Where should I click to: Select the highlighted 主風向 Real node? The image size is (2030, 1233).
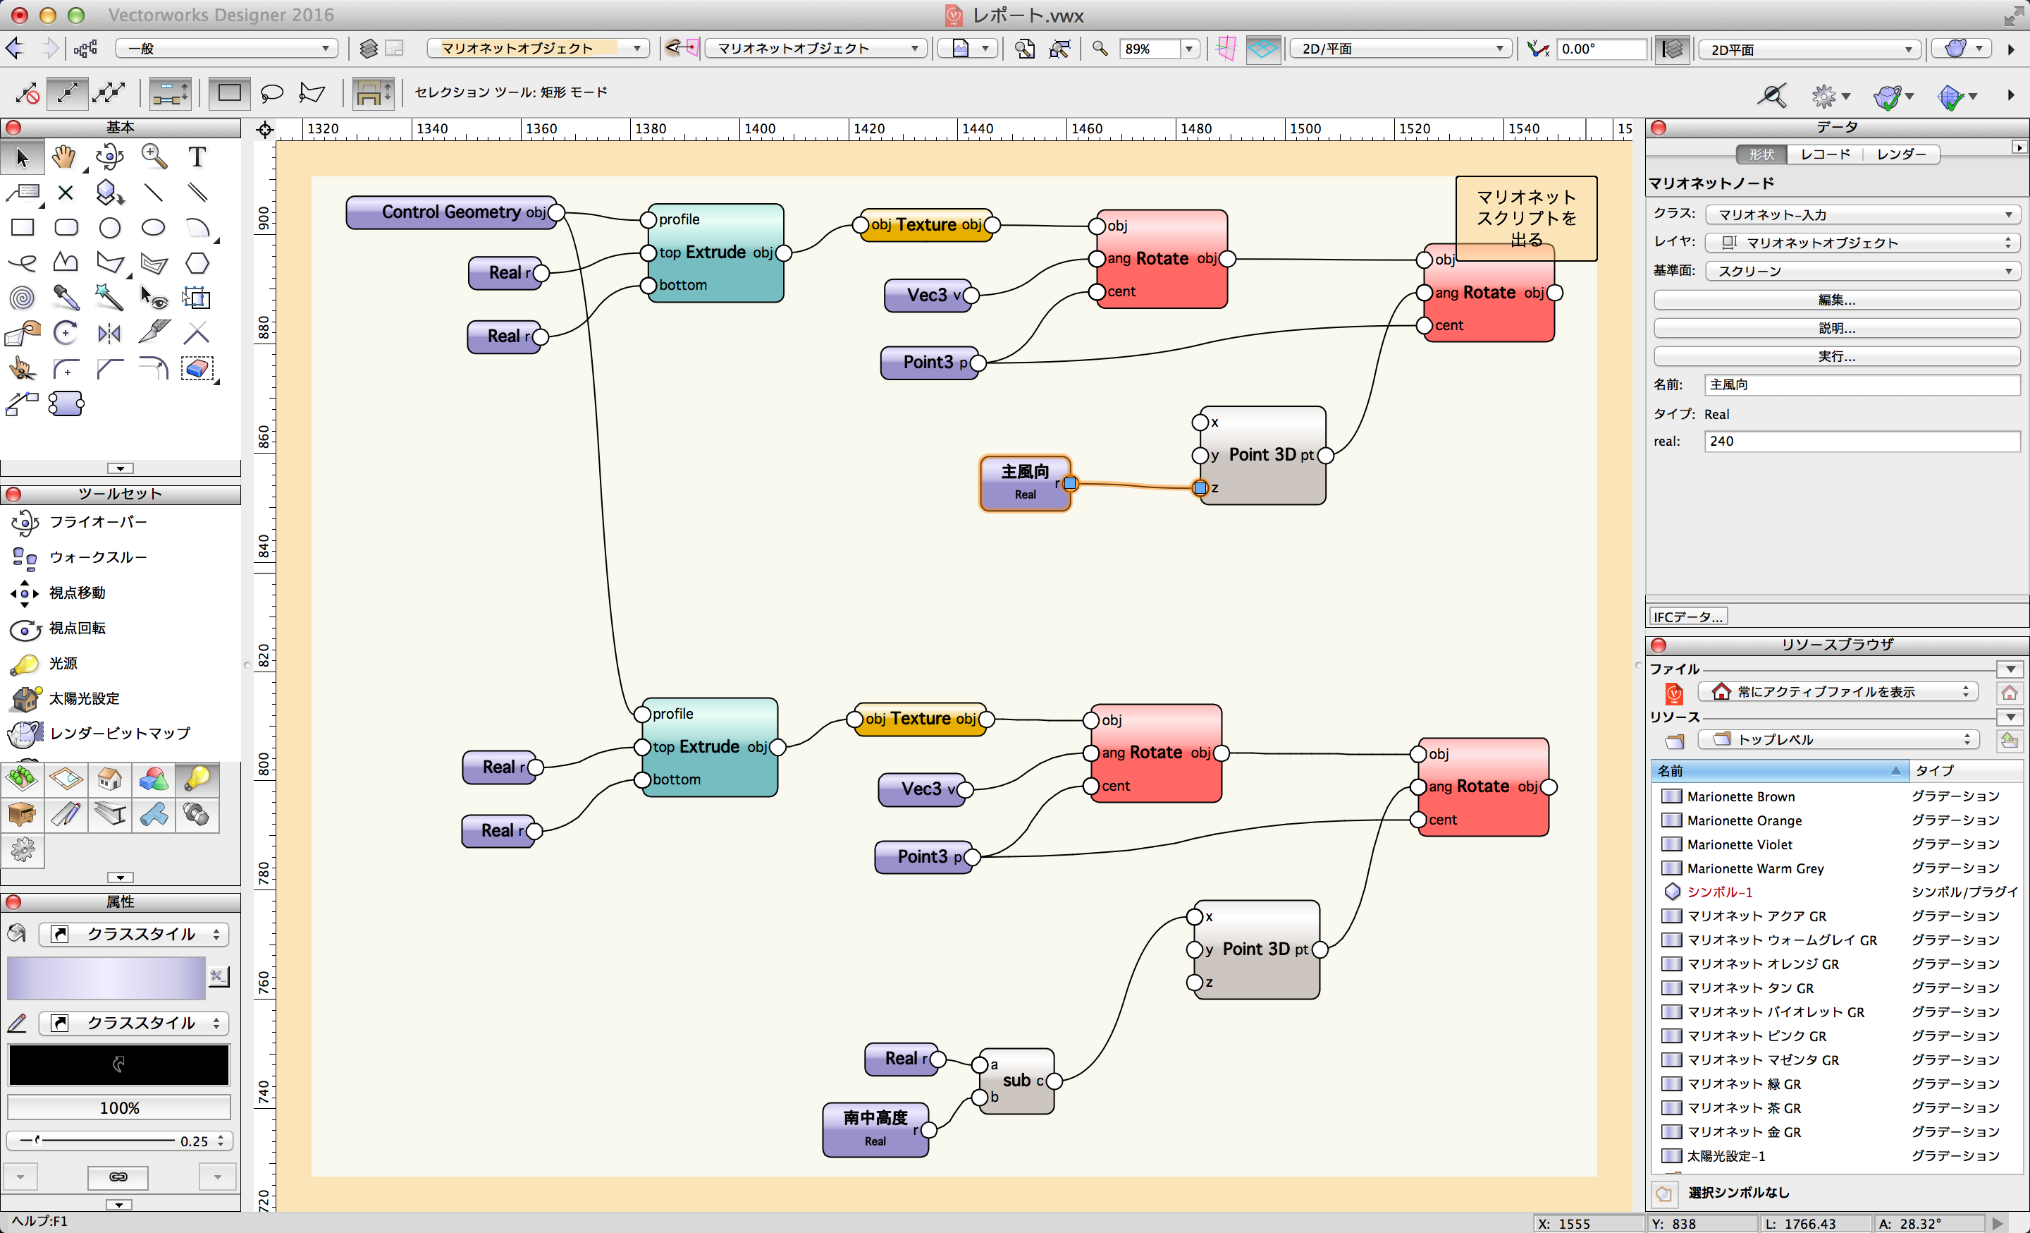click(x=1025, y=483)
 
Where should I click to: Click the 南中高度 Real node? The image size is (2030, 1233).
click(x=875, y=1129)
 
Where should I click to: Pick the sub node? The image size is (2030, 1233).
click(x=1016, y=1081)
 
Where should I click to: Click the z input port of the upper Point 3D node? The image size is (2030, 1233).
click(x=1200, y=488)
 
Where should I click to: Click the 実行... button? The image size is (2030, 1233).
click(x=1836, y=356)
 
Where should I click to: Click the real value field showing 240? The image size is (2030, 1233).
click(x=1861, y=441)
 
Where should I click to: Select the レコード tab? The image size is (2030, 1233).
click(x=1825, y=154)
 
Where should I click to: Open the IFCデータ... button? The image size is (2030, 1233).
click(x=1687, y=616)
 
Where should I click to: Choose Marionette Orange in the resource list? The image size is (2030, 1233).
click(x=1743, y=820)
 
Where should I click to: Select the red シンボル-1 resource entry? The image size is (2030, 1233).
click(x=1719, y=892)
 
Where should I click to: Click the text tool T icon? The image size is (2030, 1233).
click(x=196, y=157)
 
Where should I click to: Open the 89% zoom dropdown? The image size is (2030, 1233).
click(x=1189, y=49)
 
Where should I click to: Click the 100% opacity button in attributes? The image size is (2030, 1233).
click(x=118, y=1107)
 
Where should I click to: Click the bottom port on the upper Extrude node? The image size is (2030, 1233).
click(x=648, y=285)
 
